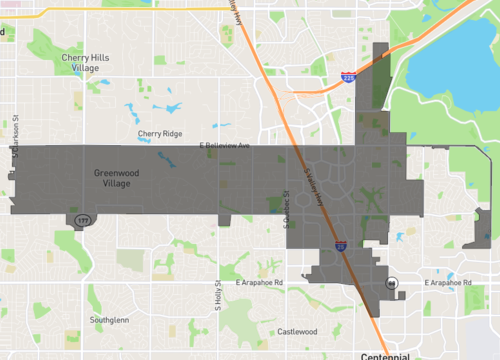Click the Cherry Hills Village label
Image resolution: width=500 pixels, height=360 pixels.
tap(84, 63)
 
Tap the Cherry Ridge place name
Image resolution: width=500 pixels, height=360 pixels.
tap(159, 133)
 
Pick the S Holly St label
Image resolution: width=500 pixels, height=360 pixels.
tap(217, 295)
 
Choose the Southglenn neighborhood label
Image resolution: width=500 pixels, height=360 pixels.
tap(109, 320)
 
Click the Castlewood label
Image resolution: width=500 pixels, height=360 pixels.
tap(297, 331)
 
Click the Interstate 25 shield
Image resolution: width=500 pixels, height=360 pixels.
tap(341, 245)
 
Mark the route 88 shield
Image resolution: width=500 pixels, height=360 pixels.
tap(394, 283)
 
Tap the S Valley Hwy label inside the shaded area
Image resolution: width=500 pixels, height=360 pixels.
tap(320, 187)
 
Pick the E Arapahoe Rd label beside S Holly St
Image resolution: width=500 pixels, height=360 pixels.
tap(260, 283)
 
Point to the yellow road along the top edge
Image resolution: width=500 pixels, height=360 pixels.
tap(120, 8)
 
